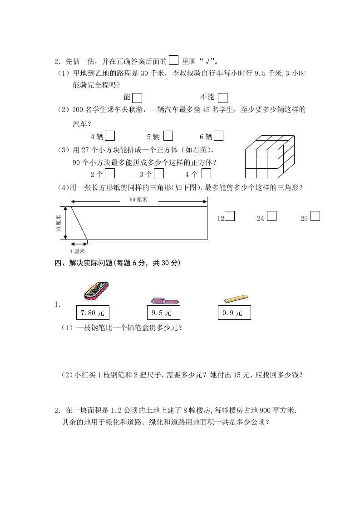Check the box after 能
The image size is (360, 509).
click(138, 98)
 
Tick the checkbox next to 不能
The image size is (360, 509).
click(222, 98)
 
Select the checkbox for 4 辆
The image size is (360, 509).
click(109, 136)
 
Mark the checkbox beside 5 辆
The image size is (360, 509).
click(168, 136)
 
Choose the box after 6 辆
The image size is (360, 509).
click(218, 136)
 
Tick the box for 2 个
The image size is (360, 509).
click(109, 173)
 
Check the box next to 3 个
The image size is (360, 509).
click(159, 173)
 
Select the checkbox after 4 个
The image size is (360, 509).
click(206, 173)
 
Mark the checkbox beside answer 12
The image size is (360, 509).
click(230, 216)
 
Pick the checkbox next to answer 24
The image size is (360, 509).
click(271, 216)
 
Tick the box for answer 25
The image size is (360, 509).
click(315, 216)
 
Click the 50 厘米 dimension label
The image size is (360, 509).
click(139, 200)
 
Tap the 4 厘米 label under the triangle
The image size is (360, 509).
click(77, 251)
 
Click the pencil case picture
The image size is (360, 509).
click(96, 290)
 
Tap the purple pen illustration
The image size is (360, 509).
click(164, 300)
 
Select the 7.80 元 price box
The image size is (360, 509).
click(93, 313)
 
